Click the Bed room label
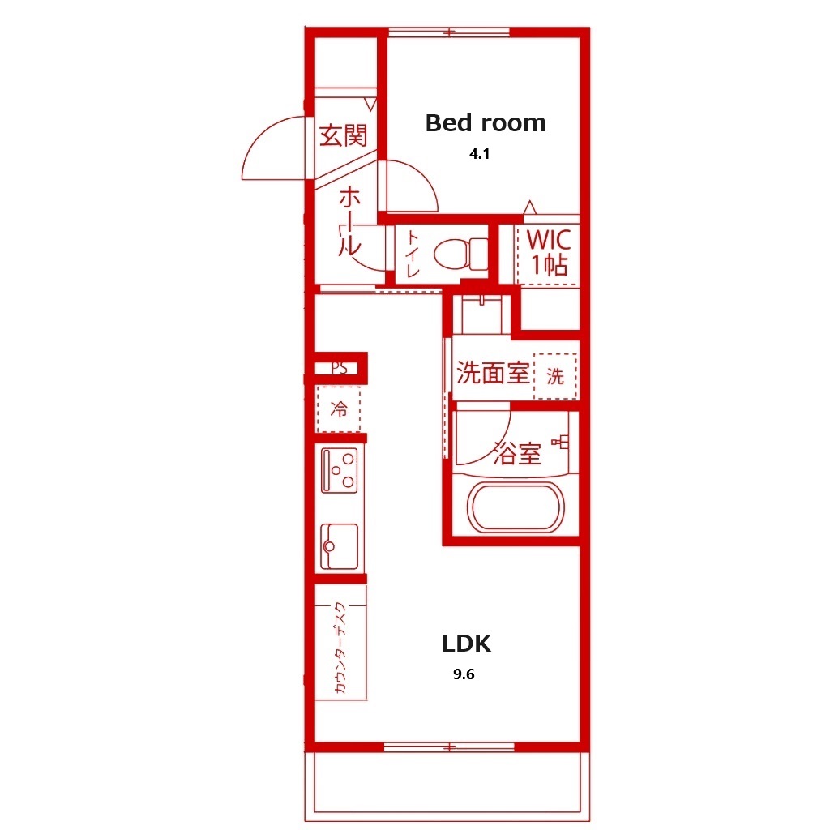tap(486, 123)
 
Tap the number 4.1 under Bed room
tap(479, 154)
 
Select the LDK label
tap(466, 643)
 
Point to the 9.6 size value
tap(464, 674)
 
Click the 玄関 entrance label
tap(343, 135)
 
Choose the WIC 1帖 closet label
tap(549, 252)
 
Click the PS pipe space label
tap(340, 367)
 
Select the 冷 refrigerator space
tap(339, 409)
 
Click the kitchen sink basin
tap(340, 547)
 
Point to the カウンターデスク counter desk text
tap(340, 648)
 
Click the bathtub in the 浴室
tap(516, 507)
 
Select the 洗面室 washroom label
tap(494, 373)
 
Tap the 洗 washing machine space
tap(554, 376)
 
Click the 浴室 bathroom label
tap(517, 453)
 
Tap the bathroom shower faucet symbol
tap(561, 442)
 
